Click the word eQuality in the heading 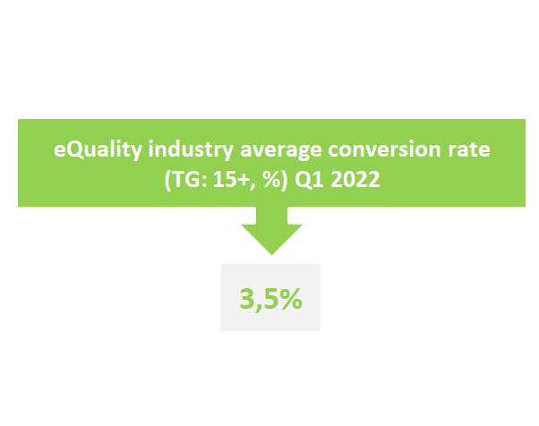pos(98,150)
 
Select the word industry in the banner pos(191,150)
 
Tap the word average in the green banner pos(281,151)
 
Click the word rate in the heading pos(469,150)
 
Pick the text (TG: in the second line pos(186,180)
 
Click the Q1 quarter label pos(310,180)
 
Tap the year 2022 pos(355,179)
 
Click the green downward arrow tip pos(271,254)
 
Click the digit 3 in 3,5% pos(246,299)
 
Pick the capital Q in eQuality pos(75,150)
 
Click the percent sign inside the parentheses pos(271,179)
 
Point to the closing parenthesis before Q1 pos(285,180)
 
